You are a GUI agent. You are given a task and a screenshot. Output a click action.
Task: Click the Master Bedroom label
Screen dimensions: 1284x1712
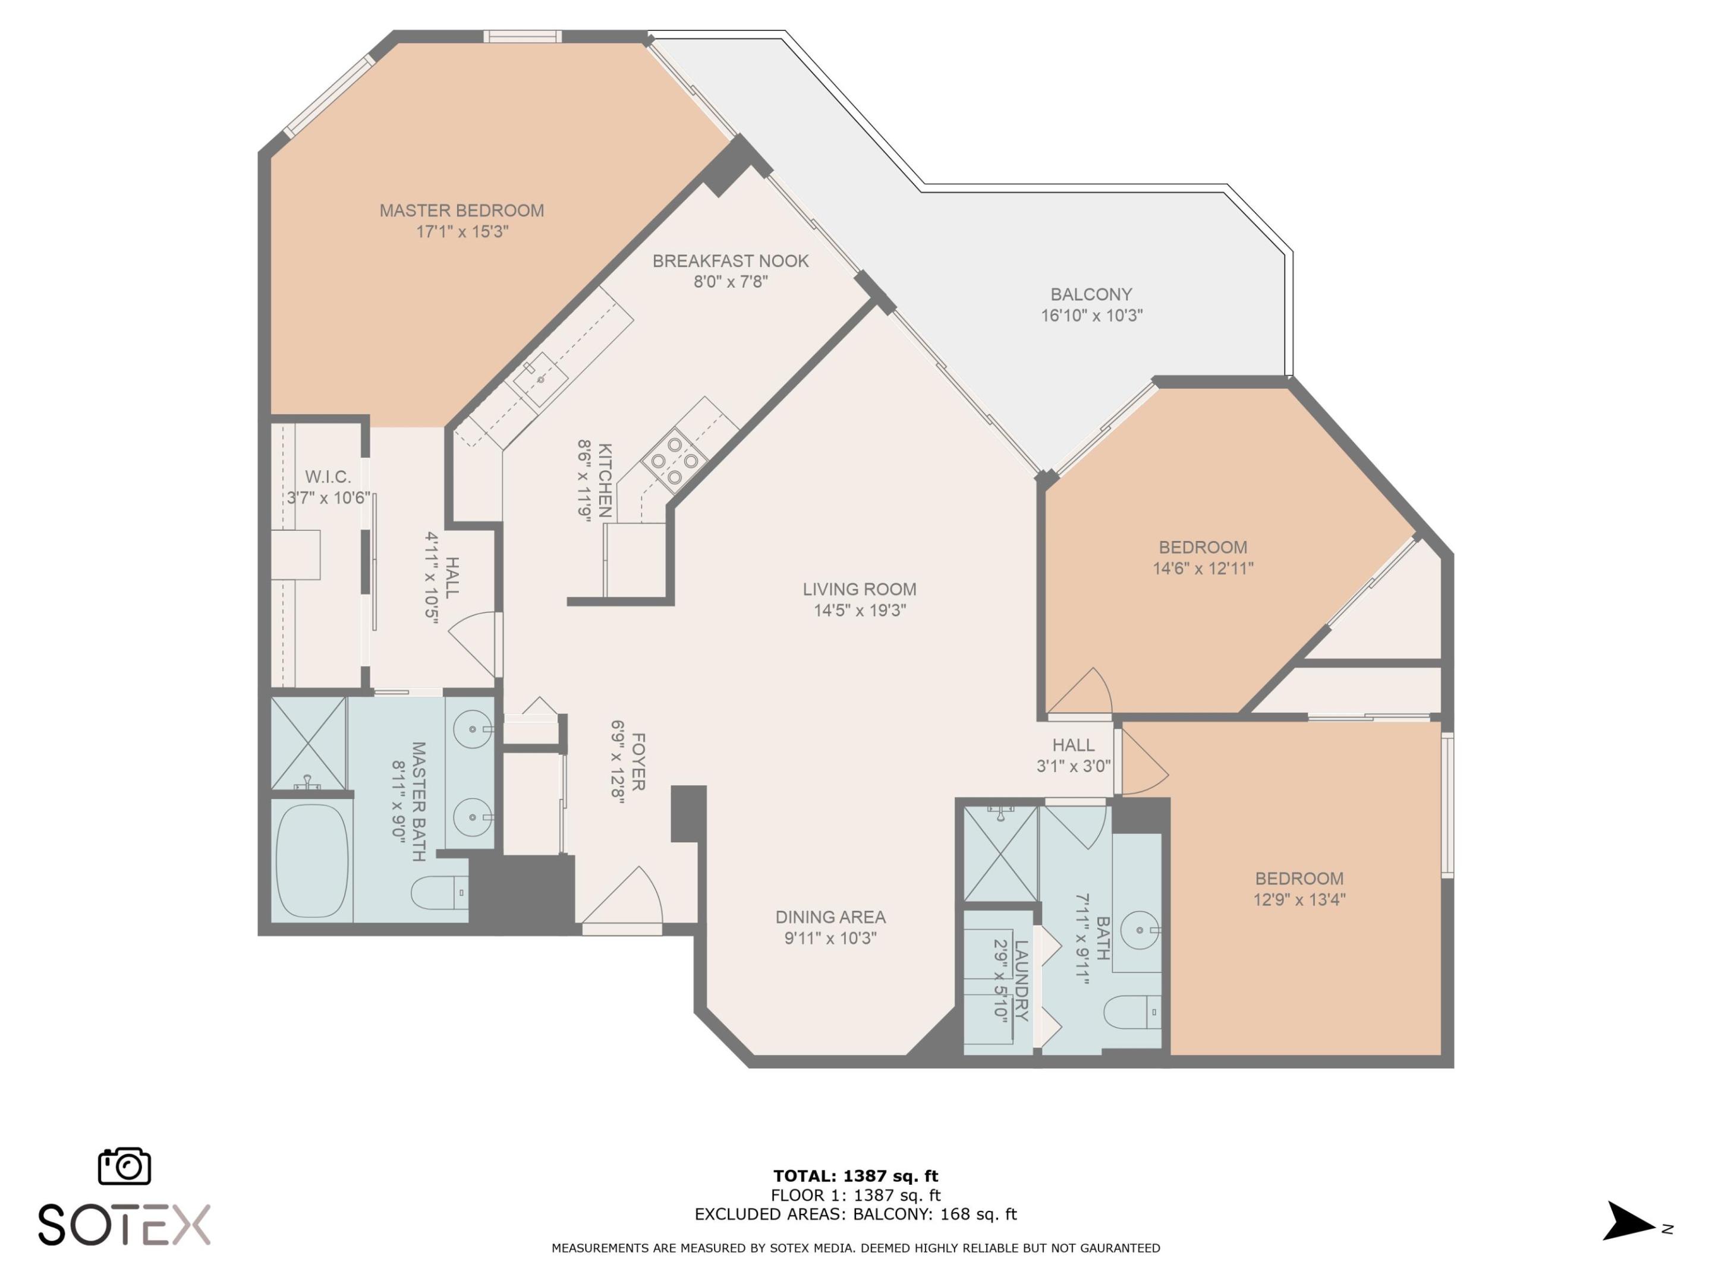click(x=461, y=210)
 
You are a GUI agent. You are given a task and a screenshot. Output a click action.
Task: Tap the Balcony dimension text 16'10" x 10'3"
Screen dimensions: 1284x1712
click(x=1091, y=315)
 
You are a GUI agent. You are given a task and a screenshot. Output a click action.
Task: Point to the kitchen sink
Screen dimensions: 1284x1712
click(x=541, y=379)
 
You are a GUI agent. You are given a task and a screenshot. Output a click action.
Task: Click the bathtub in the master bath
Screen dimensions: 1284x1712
click(x=312, y=861)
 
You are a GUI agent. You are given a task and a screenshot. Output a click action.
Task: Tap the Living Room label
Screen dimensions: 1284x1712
click(x=859, y=589)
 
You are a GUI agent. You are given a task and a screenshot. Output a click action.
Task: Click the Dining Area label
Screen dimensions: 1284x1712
click(x=830, y=917)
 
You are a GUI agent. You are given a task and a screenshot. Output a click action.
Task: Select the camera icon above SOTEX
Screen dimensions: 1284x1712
click(x=125, y=1166)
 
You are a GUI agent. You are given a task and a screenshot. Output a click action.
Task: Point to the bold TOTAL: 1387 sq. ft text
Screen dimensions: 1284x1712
click(x=855, y=1176)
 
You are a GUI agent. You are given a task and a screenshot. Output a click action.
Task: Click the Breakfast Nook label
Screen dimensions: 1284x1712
click(x=730, y=261)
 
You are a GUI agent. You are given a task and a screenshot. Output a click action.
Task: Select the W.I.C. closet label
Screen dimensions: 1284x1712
click(x=328, y=477)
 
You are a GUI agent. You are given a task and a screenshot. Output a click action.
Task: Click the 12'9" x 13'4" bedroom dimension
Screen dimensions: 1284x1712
click(x=1299, y=899)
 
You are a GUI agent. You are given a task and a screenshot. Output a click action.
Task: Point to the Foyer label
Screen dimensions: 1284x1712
click(x=638, y=761)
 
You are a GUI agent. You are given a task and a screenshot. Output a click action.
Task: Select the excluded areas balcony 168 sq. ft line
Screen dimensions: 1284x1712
click(x=855, y=1214)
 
